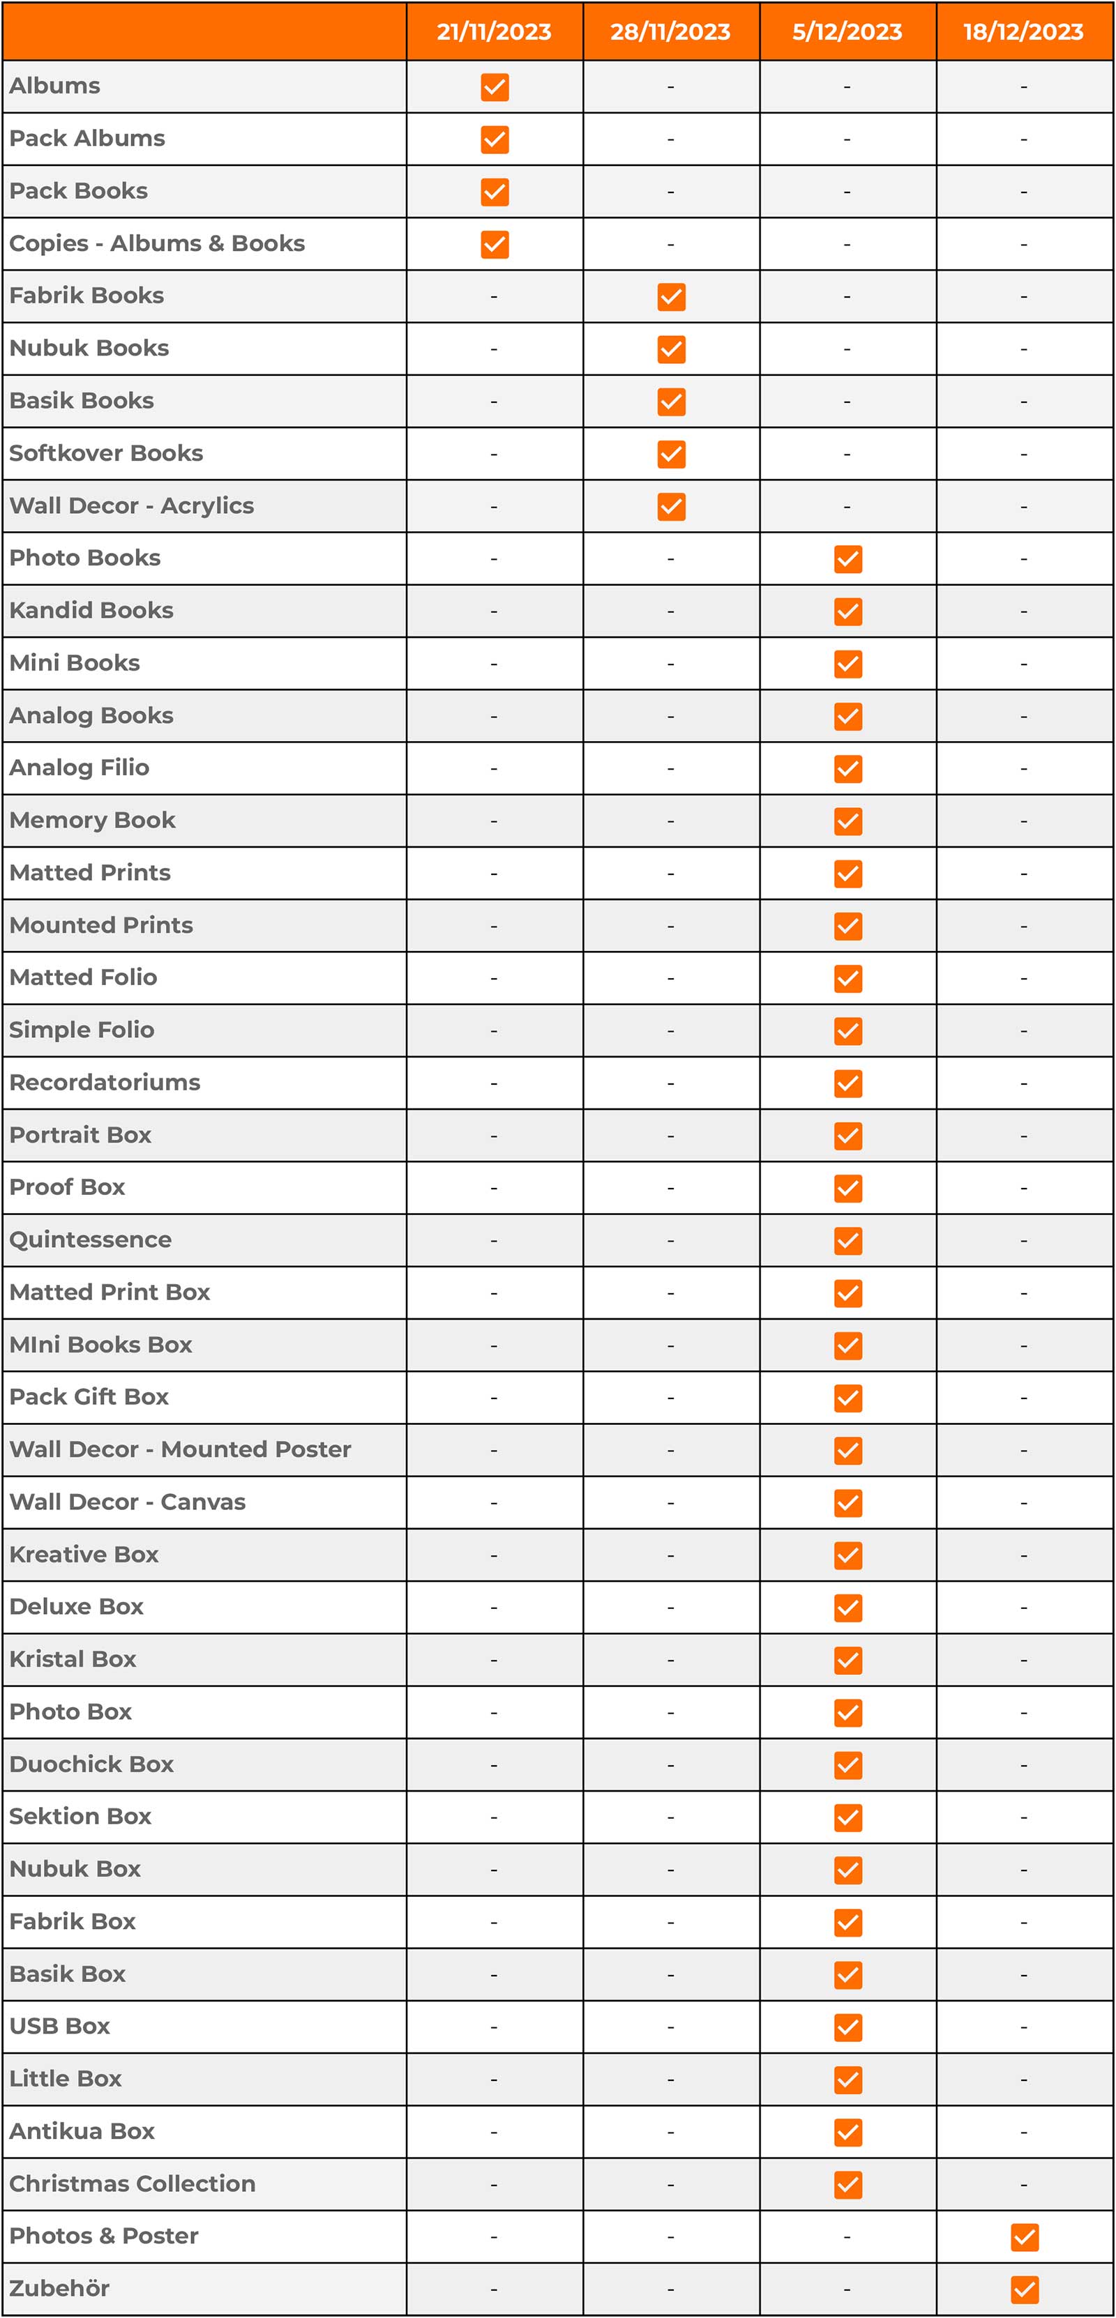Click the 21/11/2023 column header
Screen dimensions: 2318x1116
[494, 31]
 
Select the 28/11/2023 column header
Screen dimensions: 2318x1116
[670, 31]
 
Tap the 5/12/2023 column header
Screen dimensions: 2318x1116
[847, 31]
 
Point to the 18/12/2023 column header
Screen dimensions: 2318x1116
[1023, 31]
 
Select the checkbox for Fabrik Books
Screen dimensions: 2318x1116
[672, 297]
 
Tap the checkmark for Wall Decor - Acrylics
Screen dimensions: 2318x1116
[672, 507]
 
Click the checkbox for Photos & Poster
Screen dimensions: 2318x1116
[1024, 2237]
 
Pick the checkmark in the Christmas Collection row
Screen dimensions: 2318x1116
[847, 2185]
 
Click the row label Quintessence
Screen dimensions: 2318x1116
[90, 1240]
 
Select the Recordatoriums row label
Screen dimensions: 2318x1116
[105, 1083]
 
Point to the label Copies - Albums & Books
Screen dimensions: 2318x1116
[157, 244]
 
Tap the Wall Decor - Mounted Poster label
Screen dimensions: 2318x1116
[180, 1449]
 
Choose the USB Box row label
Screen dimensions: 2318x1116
[59, 2027]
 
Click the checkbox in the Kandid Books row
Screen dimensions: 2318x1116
[847, 612]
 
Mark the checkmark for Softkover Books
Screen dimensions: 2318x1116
[672, 455]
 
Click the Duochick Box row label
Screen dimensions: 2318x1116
[91, 1764]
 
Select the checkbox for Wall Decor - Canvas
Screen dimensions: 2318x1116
[847, 1503]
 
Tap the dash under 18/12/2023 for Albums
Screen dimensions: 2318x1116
[1023, 87]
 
